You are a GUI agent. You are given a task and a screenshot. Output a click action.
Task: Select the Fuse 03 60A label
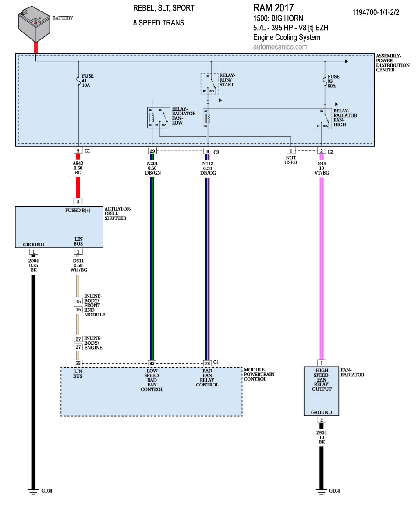coord(333,81)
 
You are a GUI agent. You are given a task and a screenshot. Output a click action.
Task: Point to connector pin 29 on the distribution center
coord(152,151)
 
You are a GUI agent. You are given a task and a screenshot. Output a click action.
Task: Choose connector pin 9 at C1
coord(78,151)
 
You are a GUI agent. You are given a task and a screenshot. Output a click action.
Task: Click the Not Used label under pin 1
coord(290,160)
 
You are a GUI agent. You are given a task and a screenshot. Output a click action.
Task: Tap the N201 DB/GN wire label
coord(152,168)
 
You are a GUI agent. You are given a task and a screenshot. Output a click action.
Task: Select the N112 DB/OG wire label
coord(207,168)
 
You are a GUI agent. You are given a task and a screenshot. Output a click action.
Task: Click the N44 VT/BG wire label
coord(321,168)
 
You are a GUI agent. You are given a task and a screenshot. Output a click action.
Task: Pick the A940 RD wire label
coord(78,168)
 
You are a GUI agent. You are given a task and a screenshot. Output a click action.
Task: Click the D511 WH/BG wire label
coord(78,265)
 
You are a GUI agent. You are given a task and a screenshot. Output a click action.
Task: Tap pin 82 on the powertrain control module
coord(152,363)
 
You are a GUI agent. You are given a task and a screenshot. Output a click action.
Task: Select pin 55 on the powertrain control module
coord(78,363)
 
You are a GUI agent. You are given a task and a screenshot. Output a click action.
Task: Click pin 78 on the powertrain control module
coord(207,363)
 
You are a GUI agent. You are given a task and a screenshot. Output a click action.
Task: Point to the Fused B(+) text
coord(78,211)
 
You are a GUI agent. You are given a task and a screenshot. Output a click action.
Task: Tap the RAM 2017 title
coord(273,8)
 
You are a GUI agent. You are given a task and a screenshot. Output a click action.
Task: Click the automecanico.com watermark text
coord(280,47)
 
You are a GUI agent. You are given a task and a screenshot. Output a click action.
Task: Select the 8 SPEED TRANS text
coord(158,23)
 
